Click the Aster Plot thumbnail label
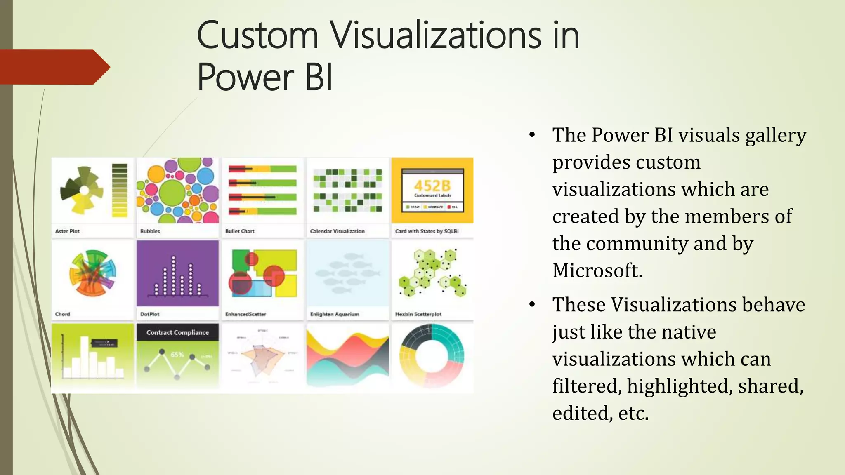(x=67, y=231)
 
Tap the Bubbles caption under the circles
(x=150, y=231)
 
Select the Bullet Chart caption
(x=240, y=231)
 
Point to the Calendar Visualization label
(x=337, y=231)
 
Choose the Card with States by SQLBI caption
(x=427, y=231)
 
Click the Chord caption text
(x=63, y=314)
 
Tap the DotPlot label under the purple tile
(x=150, y=314)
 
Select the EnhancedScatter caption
(x=245, y=314)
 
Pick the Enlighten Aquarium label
(x=335, y=314)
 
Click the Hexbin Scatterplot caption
(x=418, y=314)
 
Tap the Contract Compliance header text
(x=177, y=332)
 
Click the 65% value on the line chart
(x=177, y=355)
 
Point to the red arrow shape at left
(x=54, y=67)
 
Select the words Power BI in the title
(x=264, y=78)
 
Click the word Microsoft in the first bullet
(x=597, y=271)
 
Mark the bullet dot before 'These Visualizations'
(x=532, y=305)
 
